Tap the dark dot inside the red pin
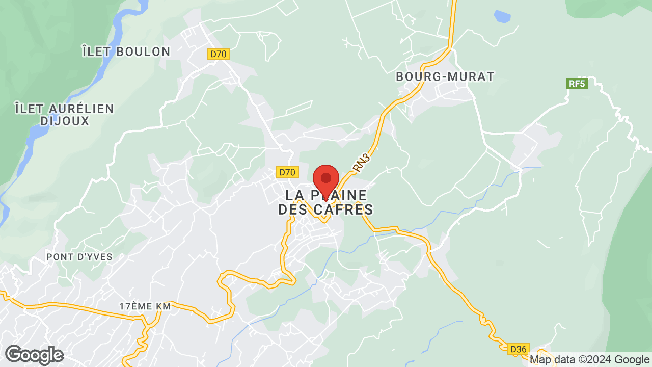coord(326,178)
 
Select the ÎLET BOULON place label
coord(126,51)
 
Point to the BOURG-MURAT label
coord(445,77)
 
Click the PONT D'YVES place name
coord(79,257)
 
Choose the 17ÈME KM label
coord(145,306)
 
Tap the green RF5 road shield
coord(577,84)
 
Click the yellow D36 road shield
coord(519,349)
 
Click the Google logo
coord(35,355)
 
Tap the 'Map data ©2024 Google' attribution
coord(590,360)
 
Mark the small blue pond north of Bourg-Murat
coord(502,17)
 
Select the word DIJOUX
coord(65,121)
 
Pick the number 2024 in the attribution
coord(602,360)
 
